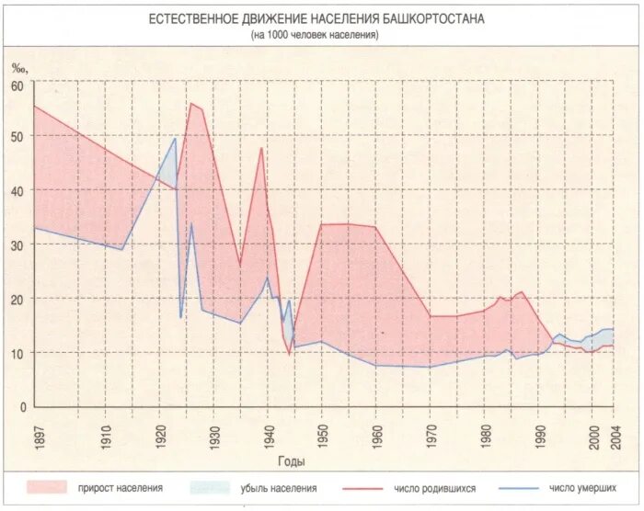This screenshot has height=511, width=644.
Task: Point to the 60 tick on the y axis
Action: coord(17,85)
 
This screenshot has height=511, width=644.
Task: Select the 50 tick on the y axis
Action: coord(17,136)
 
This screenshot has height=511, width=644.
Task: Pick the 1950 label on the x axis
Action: coord(321,435)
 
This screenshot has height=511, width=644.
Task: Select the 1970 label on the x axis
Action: coord(430,435)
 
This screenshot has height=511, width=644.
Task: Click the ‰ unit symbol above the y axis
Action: coord(20,66)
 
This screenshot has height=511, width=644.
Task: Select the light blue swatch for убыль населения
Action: coord(210,487)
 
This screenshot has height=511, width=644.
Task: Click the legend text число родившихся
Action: coord(427,488)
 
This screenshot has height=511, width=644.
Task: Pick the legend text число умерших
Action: coord(582,488)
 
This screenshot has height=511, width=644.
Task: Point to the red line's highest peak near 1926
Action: coord(191,103)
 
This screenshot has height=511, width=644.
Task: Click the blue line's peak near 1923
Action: coord(176,138)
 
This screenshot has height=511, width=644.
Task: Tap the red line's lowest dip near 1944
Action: coord(289,354)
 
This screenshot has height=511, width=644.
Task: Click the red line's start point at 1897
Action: coord(34,106)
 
